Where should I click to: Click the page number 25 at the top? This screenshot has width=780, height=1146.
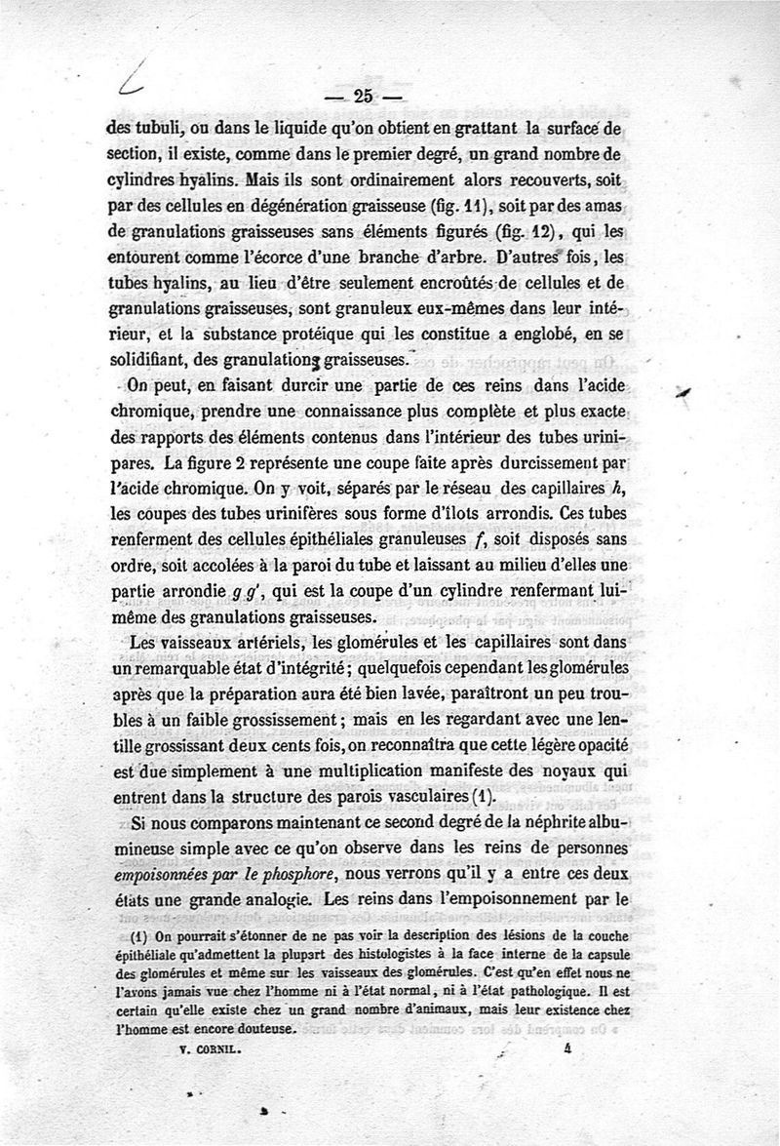tap(365, 96)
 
